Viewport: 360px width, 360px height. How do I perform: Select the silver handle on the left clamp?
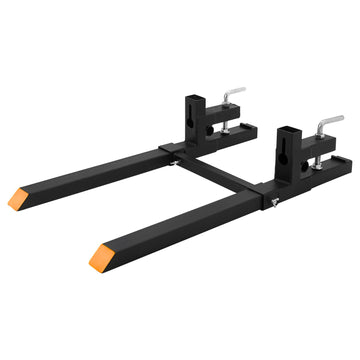(x=232, y=94)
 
